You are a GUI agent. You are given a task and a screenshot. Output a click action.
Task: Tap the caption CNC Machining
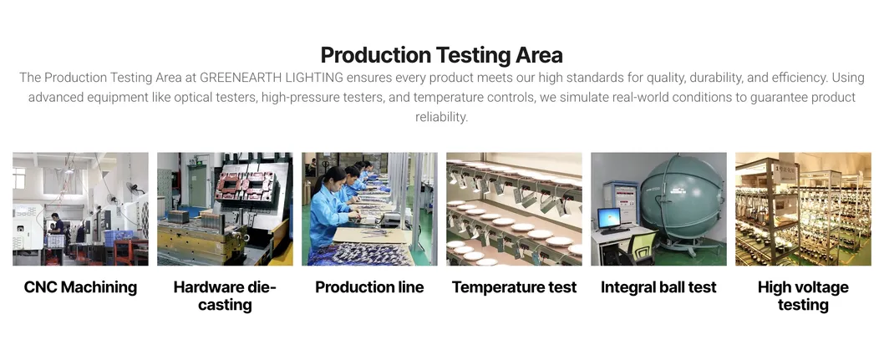pyautogui.click(x=80, y=287)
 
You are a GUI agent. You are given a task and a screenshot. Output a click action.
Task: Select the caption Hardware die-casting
pyautogui.click(x=225, y=296)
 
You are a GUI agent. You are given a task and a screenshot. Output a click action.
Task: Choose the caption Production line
pyautogui.click(x=369, y=287)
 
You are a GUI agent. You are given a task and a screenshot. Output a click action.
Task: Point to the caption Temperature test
pyautogui.click(x=514, y=287)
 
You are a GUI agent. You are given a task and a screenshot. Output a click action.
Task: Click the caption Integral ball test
pyautogui.click(x=658, y=287)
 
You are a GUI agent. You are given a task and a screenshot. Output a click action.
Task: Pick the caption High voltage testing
pyautogui.click(x=803, y=296)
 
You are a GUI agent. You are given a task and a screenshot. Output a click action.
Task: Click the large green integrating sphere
pyautogui.click(x=682, y=197)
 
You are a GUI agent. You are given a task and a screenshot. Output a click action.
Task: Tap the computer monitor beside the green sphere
pyautogui.click(x=609, y=218)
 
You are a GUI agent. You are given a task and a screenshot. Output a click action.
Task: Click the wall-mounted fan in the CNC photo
pyautogui.click(x=134, y=187)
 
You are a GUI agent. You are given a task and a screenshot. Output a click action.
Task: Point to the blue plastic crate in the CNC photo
pyautogui.click(x=119, y=238)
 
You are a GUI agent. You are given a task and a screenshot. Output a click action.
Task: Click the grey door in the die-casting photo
pyautogui.click(x=197, y=184)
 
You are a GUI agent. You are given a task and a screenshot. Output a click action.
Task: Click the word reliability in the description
pyautogui.click(x=442, y=117)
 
